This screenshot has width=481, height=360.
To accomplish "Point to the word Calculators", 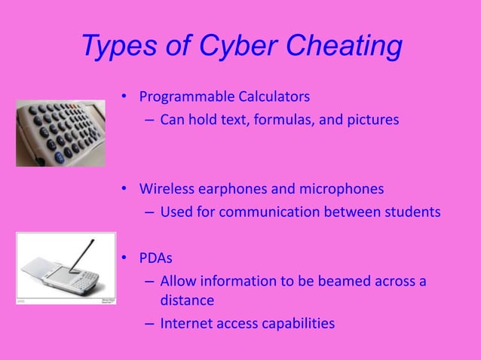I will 270,97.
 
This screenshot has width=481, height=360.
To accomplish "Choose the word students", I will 412,212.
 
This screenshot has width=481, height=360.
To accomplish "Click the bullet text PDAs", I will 155,258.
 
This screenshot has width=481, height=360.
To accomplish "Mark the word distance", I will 187,301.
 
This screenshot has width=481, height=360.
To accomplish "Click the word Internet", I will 187,324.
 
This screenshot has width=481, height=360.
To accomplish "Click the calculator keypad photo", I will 60,133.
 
